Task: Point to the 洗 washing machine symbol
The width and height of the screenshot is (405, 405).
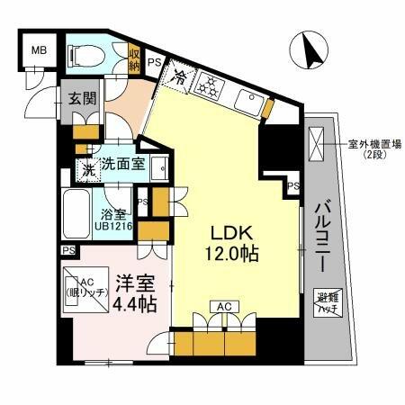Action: pyautogui.click(x=88, y=167)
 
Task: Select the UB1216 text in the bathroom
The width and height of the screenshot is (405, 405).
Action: pyautogui.click(x=116, y=226)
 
